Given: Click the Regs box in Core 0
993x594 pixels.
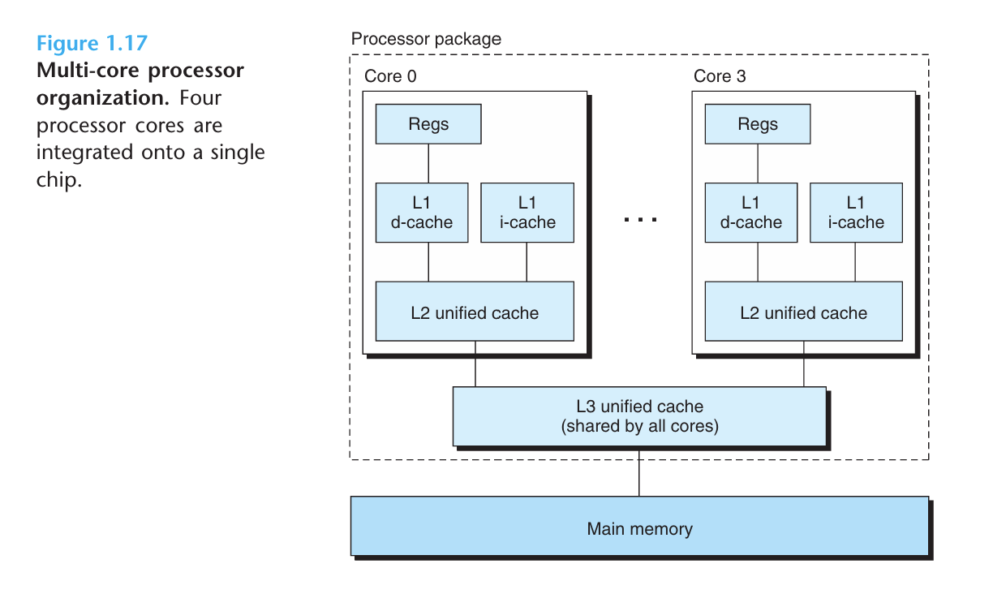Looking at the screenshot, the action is pos(428,124).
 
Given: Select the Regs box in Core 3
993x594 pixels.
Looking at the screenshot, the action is pos(758,124).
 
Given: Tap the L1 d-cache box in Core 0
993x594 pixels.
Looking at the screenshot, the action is pos(422,213).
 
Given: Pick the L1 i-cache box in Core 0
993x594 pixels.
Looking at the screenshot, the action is pos(527,213).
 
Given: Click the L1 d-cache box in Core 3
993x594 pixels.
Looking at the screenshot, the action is pos(751,213).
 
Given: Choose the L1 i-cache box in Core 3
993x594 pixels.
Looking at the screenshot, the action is pos(856,213).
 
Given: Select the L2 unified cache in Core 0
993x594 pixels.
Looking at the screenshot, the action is pos(475,311).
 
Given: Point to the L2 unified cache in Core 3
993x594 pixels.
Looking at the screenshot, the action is pos(804,311).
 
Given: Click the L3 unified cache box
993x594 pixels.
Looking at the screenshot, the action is pos(639,416).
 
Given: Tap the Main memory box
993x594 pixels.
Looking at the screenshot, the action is pos(639,526).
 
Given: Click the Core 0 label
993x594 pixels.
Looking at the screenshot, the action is pos(390,76).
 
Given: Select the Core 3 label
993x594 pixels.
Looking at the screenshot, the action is pos(720,76).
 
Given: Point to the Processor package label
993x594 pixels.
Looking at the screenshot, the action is pos(426,39).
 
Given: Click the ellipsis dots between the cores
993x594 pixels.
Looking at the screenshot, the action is pos(640,219).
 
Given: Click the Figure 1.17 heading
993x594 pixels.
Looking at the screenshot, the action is pos(92,44).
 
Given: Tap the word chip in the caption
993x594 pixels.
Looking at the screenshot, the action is pos(59,180).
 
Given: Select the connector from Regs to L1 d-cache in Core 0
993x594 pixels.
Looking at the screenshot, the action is pos(428,164).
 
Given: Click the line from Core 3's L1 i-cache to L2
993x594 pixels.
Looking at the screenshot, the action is pos(855,262).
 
